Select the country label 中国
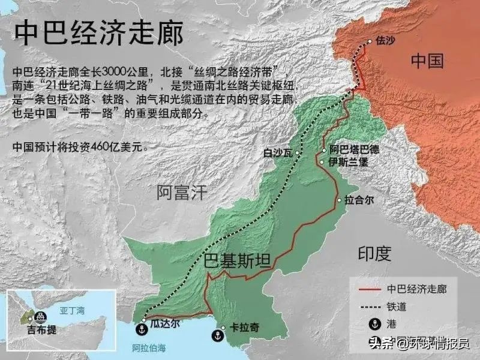tap(427, 61)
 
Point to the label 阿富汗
tap(181, 192)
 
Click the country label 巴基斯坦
tap(237, 260)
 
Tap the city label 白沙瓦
tap(277, 153)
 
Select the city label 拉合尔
tap(359, 200)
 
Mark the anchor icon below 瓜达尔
tap(143, 329)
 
